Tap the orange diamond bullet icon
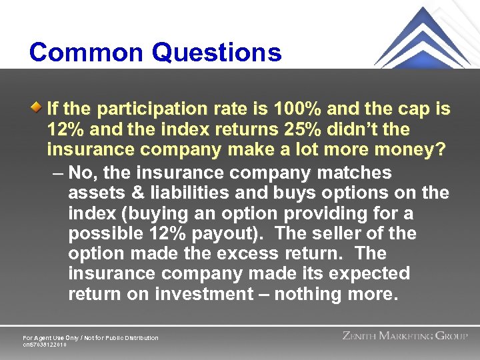[40, 107]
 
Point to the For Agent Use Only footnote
[91, 338]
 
